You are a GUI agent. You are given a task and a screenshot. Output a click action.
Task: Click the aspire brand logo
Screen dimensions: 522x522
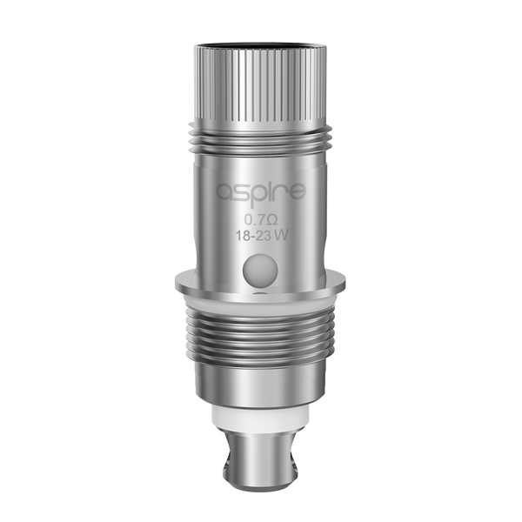(261, 192)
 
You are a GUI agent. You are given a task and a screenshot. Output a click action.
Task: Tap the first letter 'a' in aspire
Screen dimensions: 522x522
(224, 192)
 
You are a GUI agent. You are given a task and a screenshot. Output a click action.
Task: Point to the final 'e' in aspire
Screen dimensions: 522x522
(298, 192)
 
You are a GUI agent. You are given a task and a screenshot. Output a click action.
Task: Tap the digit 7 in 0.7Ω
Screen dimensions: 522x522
(262, 218)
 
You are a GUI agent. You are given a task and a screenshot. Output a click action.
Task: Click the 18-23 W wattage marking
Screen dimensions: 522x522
(261, 235)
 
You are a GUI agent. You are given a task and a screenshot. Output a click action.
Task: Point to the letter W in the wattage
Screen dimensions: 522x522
(282, 235)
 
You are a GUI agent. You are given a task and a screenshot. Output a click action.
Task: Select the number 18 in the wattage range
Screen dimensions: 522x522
(244, 235)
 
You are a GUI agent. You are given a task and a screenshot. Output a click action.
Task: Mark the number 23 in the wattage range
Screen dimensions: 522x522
(264, 235)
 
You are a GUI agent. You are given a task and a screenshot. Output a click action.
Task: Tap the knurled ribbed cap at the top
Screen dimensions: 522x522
(261, 87)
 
